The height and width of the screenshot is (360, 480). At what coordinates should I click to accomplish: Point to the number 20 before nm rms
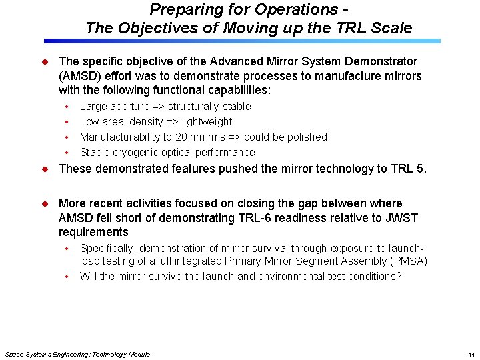(181, 137)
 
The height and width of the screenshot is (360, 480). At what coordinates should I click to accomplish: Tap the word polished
(305, 137)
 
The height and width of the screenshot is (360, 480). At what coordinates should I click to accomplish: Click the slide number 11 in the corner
(471, 355)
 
